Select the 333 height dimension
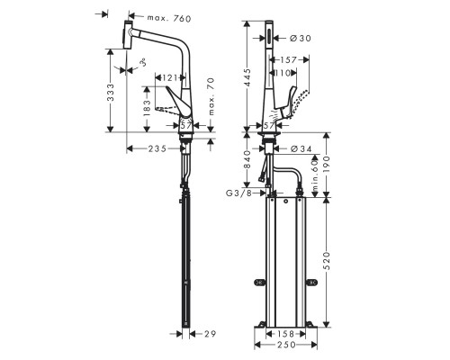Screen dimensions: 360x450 coord(110,90)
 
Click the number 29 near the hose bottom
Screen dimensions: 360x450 coord(210,334)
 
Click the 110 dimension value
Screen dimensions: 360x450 coord(286,72)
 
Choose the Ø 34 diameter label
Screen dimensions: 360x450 coord(301,148)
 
